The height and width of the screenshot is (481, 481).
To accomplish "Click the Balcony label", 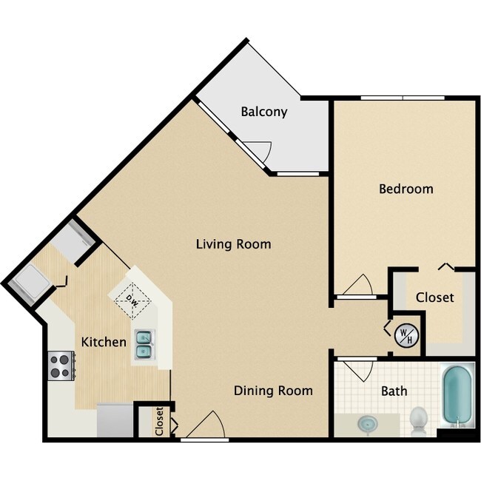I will coord(263,112).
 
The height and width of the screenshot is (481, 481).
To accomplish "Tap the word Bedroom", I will coord(406,189).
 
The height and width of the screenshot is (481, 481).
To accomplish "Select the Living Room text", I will coord(233,243).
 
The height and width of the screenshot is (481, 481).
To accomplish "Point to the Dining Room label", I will coord(273,390).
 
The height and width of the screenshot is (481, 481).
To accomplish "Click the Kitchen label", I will coord(103,342).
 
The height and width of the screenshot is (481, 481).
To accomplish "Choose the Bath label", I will coord(394,391).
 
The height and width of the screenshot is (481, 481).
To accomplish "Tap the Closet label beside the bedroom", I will coord(434,297).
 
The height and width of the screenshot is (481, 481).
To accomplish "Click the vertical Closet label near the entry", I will coord(159,421).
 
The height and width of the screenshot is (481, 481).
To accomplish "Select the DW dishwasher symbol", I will coord(133,300).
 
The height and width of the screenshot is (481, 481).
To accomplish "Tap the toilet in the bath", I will coord(419,420).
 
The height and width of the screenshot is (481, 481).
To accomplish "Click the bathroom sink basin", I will coord(367,425).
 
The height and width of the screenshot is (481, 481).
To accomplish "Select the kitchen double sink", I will coord(144,347).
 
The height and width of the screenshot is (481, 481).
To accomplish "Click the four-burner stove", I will coord(61,363).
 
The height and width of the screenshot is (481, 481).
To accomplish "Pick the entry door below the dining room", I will coord(206,425).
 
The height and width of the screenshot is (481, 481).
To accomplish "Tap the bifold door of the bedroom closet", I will coord(445,266).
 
